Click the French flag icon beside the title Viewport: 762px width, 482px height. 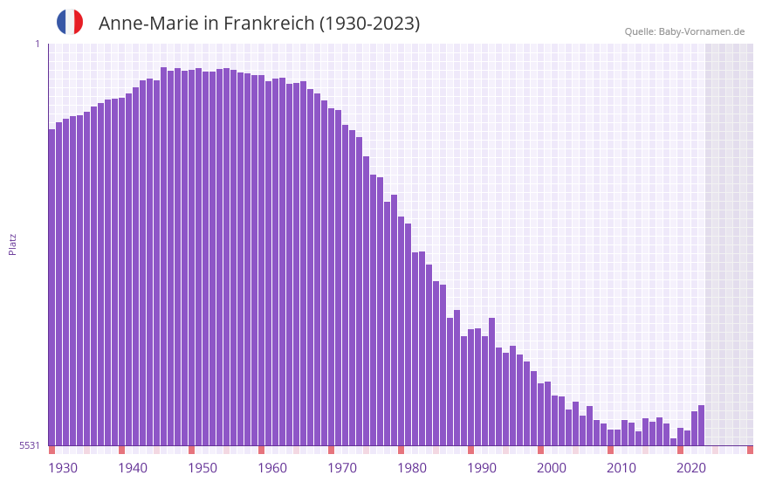pos(70,22)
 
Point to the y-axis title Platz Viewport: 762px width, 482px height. pos(12,244)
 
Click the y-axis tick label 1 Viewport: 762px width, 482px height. pos(37,44)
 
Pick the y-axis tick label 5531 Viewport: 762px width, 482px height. pos(30,445)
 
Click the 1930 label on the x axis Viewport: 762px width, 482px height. pos(63,468)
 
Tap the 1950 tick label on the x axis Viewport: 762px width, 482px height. pos(203,468)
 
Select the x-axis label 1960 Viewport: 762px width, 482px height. pos(272,468)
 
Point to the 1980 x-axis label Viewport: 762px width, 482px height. pos(412,468)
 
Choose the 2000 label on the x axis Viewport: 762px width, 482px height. pos(552,468)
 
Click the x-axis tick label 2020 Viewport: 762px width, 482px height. pos(691,468)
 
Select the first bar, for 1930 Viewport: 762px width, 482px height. pos(51,288)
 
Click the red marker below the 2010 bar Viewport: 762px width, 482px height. pos(610,450)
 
